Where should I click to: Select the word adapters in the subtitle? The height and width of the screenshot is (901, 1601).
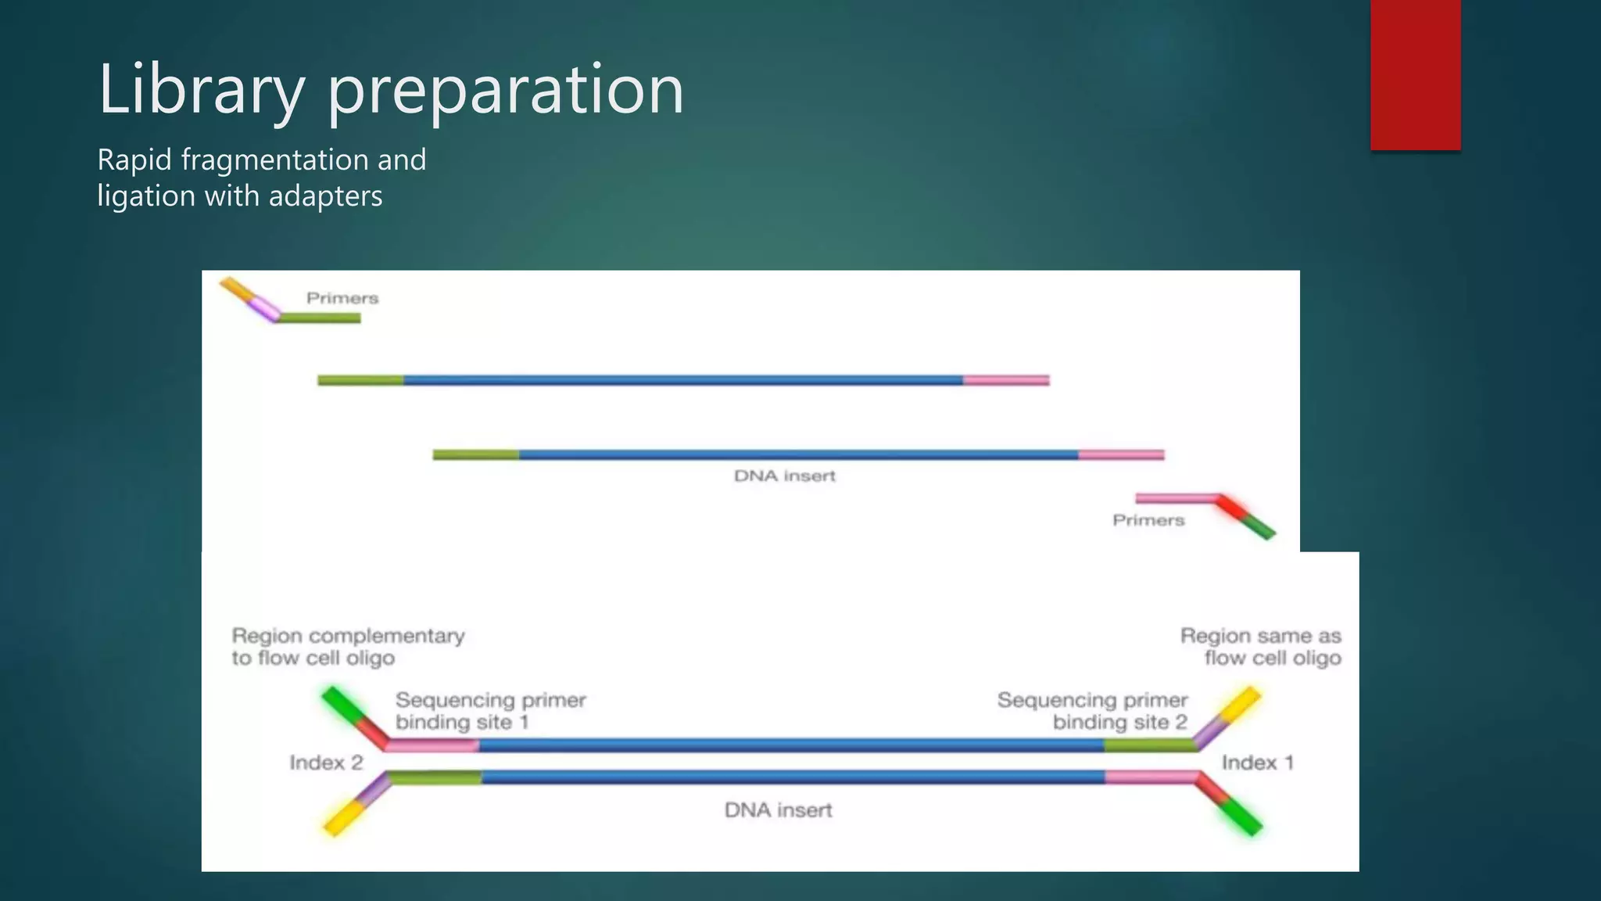325,196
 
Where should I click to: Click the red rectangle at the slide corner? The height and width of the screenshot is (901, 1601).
1415,74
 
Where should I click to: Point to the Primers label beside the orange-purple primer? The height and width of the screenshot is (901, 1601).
342,298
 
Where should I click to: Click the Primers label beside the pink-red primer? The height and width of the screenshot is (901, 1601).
1148,520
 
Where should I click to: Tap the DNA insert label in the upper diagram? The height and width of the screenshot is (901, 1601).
784,476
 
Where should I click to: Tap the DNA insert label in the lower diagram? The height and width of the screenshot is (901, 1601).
778,809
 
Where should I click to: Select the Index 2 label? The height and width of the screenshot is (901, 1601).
326,763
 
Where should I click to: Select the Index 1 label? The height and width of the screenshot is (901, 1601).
1257,763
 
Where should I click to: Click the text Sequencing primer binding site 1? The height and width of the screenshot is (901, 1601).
490,710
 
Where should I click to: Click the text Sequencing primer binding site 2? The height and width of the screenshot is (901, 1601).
1093,710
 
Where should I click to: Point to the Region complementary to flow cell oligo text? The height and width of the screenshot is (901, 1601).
348,647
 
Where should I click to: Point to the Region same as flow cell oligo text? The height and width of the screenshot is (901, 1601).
1261,647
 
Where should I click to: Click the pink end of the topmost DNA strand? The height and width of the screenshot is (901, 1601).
1006,380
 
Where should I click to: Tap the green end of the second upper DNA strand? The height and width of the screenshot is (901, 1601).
475,454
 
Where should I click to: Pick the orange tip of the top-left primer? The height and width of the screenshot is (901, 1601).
234,288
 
